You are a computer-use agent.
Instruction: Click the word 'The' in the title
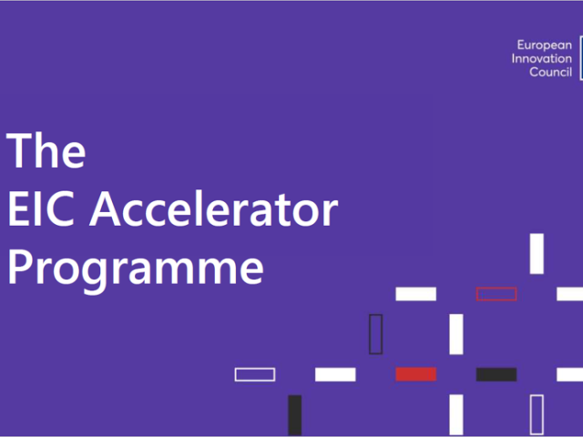(x=46, y=150)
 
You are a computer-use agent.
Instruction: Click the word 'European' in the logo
(x=545, y=44)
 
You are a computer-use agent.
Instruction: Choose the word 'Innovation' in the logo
(x=542, y=58)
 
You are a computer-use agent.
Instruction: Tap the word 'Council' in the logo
(x=550, y=72)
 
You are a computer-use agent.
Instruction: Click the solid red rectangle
(x=415, y=374)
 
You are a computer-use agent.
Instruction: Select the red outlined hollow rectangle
(x=496, y=294)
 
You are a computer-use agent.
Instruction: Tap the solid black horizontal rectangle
(x=496, y=374)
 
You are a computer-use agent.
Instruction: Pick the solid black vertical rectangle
(x=294, y=414)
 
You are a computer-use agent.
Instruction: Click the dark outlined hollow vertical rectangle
(x=375, y=334)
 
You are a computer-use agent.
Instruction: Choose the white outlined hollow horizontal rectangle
(x=255, y=374)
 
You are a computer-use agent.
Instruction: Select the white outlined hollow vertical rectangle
(x=537, y=414)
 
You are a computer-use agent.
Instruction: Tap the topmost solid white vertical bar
(x=537, y=253)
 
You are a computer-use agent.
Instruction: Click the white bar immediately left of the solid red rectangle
(x=335, y=374)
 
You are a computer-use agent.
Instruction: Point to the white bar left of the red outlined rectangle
(x=415, y=294)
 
